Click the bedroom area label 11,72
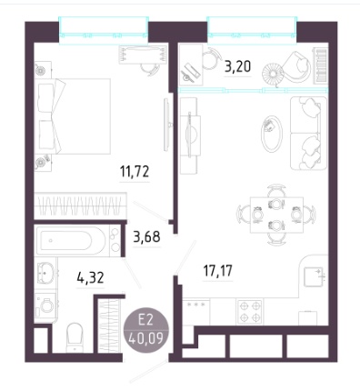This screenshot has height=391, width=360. coord(135,172)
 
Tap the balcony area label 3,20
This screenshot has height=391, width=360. coord(237,66)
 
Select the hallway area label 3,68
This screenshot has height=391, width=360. coord(146,236)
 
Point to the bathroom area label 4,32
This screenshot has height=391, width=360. coord(90,277)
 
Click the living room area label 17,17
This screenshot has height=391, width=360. coord(217,271)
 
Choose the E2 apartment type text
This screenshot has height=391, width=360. coord(145,320)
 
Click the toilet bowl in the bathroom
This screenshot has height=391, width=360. coord(75,337)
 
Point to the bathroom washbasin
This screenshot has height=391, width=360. coord(45,272)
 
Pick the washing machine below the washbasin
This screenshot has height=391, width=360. coord(45,306)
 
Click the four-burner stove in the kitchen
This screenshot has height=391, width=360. coord(250,311)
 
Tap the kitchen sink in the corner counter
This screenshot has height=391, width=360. coord(314,276)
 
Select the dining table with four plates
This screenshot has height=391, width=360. coord(276,215)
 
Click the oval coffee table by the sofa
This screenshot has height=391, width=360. coord(272,134)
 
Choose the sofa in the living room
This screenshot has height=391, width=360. coord(308,133)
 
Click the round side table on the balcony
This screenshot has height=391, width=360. coord(273,74)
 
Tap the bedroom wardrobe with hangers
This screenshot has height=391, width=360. coord(79,206)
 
